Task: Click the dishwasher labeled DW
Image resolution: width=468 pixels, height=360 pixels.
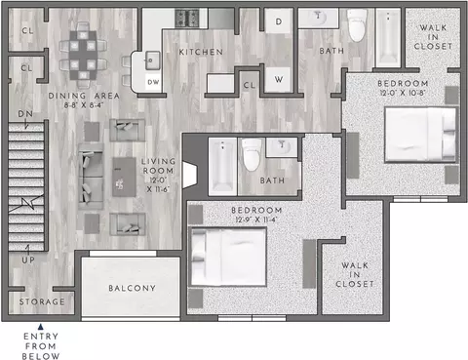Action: tap(153, 82)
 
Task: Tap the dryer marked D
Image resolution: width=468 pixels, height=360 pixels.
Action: tap(279, 21)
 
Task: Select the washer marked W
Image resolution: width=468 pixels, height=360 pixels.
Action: tap(279, 80)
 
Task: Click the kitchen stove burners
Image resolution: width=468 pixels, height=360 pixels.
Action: tap(187, 18)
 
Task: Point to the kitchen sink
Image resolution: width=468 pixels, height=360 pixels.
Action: tap(152, 60)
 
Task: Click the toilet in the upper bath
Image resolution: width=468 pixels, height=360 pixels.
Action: tap(357, 24)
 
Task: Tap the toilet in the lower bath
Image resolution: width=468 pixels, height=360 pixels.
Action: tap(253, 154)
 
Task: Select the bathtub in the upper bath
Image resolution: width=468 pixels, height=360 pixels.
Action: tap(388, 38)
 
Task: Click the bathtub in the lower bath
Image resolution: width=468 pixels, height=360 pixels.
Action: tap(222, 167)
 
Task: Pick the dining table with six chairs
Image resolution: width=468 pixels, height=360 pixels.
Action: tap(83, 56)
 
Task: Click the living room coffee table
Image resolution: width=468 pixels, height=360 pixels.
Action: tap(124, 177)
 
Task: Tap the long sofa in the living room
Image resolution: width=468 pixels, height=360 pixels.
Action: tap(91, 176)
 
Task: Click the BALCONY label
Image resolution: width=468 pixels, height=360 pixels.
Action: tap(132, 288)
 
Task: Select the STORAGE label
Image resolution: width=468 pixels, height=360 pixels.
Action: tap(42, 301)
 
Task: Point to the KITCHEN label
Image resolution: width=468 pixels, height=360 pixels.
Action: tap(201, 52)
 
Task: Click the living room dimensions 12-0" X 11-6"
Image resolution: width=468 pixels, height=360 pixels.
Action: tap(158, 184)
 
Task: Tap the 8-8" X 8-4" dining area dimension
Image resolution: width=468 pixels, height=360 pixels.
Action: tap(84, 105)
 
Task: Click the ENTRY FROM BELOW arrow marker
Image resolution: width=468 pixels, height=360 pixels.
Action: tap(41, 327)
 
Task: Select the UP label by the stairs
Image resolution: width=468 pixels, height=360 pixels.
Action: tap(28, 260)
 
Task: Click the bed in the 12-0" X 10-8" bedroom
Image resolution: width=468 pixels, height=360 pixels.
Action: tap(420, 135)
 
